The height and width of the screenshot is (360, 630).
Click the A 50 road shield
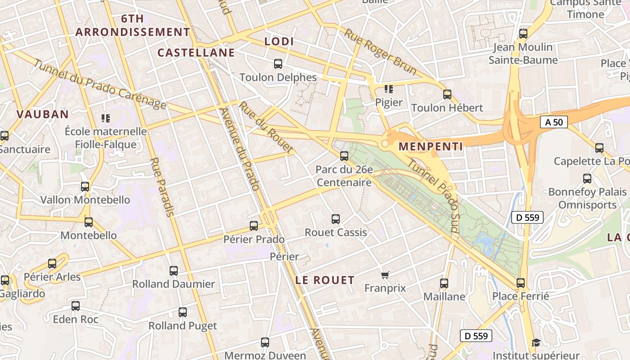click(x=554, y=122)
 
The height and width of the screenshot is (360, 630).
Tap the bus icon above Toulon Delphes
click(x=278, y=64)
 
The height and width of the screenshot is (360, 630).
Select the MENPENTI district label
click(x=431, y=146)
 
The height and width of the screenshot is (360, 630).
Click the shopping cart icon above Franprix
click(x=385, y=275)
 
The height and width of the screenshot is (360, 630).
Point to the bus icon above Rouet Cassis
click(x=336, y=219)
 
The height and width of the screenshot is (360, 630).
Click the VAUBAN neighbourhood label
click(x=43, y=114)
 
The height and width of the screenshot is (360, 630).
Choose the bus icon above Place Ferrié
click(x=521, y=283)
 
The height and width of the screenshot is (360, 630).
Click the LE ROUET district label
click(x=325, y=280)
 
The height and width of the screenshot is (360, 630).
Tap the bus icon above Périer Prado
click(x=254, y=226)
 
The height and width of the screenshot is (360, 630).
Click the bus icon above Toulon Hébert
click(x=447, y=94)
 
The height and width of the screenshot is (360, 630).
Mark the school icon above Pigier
click(x=389, y=89)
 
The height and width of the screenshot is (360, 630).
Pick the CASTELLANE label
click(x=196, y=53)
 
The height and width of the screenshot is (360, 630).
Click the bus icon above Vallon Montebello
click(x=85, y=187)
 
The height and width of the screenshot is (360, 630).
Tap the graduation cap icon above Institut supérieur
click(x=535, y=343)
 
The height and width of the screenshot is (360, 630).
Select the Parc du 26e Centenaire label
click(x=344, y=176)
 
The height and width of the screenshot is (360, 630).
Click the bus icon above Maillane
click(x=444, y=283)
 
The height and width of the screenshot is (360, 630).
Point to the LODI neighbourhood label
click(x=279, y=42)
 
